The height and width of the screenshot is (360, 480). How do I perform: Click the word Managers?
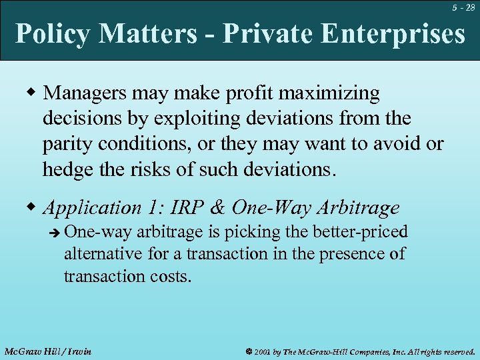pos(85,95)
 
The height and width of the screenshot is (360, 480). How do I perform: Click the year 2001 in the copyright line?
pos(265,351)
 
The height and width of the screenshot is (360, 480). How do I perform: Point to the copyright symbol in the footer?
pos(248,351)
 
